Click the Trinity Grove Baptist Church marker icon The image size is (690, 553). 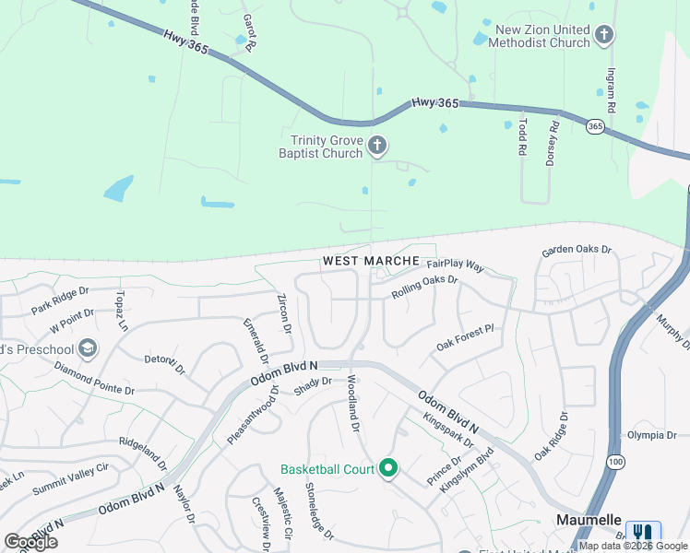(x=376, y=146)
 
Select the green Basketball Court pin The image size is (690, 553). (x=388, y=469)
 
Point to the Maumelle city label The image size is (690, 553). (x=589, y=520)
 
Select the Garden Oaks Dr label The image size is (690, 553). (x=577, y=250)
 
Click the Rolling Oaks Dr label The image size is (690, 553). (x=424, y=286)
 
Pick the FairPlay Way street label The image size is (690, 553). (x=455, y=265)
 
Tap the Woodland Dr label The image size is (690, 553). (x=351, y=406)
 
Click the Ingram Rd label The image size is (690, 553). (x=612, y=83)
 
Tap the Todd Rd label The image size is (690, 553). (x=522, y=135)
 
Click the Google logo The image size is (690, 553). (x=31, y=542)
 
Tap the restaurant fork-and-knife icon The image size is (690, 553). (x=643, y=534)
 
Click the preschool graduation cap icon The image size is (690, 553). (x=88, y=347)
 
